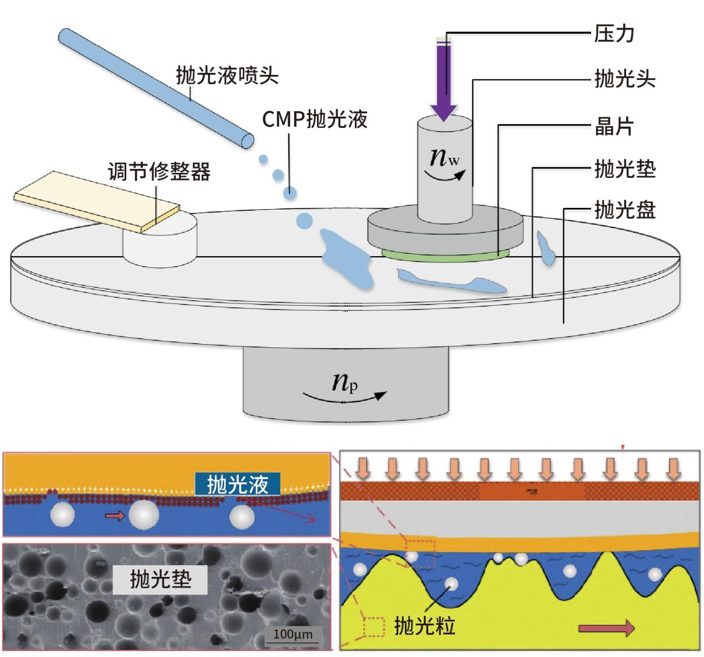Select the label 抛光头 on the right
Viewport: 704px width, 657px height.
[x=624, y=79]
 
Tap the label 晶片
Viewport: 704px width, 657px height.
[x=614, y=127]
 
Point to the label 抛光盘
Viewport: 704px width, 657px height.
[x=624, y=210]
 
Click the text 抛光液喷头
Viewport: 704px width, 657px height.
[x=227, y=75]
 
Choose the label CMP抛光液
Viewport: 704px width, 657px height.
[x=315, y=118]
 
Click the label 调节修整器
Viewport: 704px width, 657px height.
[x=159, y=172]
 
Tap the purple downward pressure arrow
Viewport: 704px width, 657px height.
[x=444, y=78]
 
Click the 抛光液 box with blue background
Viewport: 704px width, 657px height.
[x=237, y=485]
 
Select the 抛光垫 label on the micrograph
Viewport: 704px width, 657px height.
[x=160, y=580]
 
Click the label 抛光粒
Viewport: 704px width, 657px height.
[x=424, y=626]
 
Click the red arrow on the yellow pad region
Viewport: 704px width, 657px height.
[x=606, y=628]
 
